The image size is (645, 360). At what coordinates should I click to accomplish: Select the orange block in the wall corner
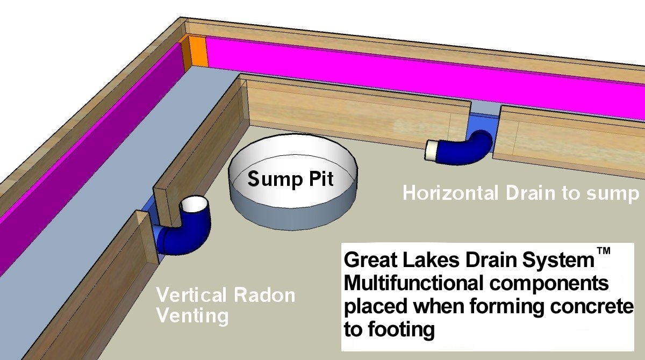[196, 52]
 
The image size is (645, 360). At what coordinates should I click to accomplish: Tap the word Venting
[192, 315]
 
